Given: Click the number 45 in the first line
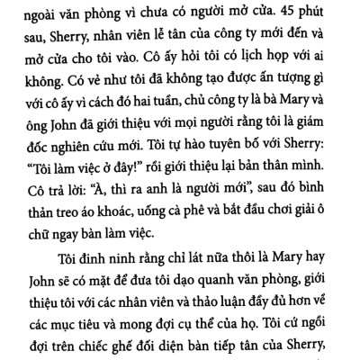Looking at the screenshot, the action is point(291,14).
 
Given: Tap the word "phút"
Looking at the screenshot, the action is point(321,14).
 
